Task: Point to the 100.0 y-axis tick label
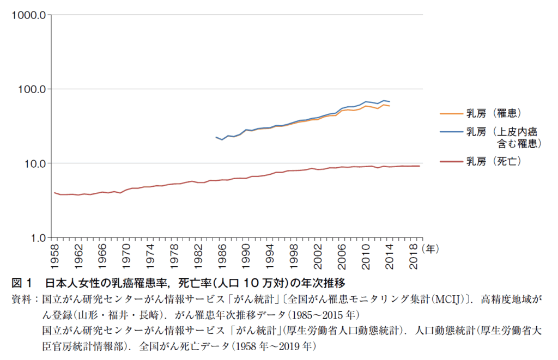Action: [x=29, y=89]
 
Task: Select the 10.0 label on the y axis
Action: [x=32, y=163]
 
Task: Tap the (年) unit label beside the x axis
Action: [x=430, y=248]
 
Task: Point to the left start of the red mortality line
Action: [x=54, y=192]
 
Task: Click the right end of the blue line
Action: [x=389, y=102]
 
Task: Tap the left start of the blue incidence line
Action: [x=216, y=137]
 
